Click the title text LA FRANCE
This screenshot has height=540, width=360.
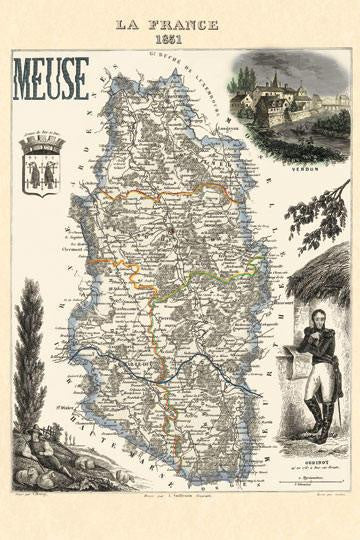click(x=181, y=21)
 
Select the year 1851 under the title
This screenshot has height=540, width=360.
click(x=181, y=37)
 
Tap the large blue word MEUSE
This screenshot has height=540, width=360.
click(x=51, y=79)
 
